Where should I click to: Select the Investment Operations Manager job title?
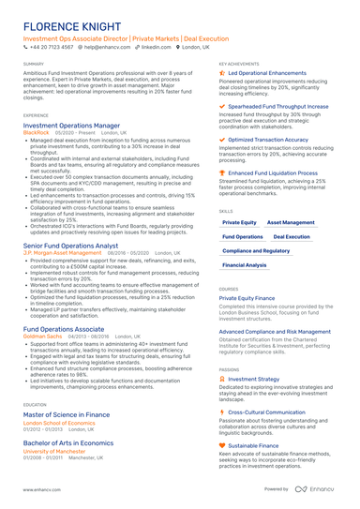point(71,125)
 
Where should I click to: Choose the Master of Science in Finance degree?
point(66,413)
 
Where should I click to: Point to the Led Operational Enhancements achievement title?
point(260,72)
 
